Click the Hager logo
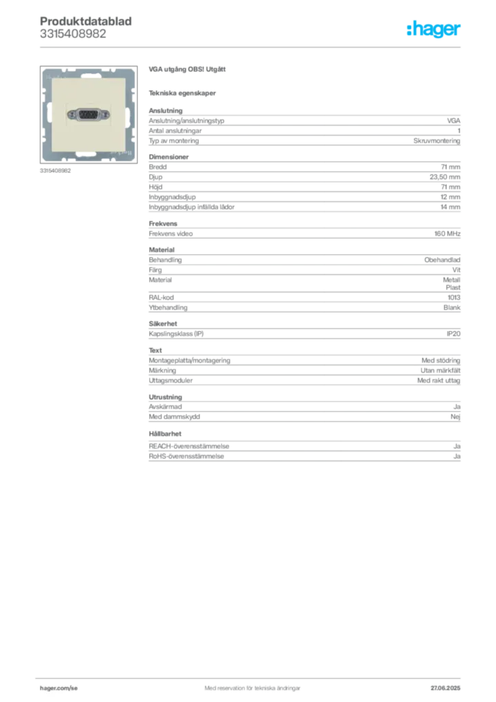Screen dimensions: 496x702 [x=433, y=29]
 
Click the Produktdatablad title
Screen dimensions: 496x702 [x=86, y=21]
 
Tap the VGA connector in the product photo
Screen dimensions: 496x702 [x=88, y=115]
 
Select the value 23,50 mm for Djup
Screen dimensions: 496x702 [x=445, y=177]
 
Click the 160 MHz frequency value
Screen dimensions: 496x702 [x=447, y=234]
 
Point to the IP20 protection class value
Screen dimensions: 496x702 [x=454, y=334]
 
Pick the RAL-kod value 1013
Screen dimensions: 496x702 [x=454, y=298]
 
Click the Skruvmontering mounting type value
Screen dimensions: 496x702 [x=436, y=141]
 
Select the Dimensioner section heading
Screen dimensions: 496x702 [x=169, y=157]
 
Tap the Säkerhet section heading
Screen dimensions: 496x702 [x=163, y=324]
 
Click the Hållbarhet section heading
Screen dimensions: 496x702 [x=165, y=434]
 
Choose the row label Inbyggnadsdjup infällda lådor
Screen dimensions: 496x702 [x=191, y=207]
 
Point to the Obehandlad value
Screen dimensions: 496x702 [x=443, y=260]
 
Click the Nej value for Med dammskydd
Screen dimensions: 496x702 [x=456, y=417]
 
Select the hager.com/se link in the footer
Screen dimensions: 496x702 [x=59, y=688]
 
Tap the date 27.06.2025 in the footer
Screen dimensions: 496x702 [x=445, y=688]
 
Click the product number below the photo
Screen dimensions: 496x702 [x=55, y=171]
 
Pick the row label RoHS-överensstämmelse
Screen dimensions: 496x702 [x=186, y=456]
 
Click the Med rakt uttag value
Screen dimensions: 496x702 [x=438, y=380]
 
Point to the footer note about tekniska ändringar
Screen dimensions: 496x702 [x=252, y=688]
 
